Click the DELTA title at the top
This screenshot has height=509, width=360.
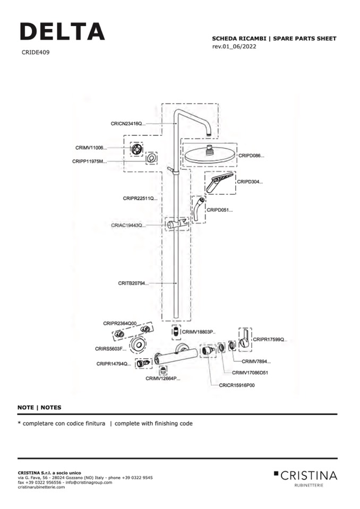pos(62,31)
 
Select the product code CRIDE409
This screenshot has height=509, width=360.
pos(36,53)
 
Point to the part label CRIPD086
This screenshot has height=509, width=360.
pos(251,156)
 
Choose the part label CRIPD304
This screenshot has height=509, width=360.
pos(250,182)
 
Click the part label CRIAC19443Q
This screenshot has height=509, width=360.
pos(127,226)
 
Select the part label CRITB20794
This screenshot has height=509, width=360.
pos(133,283)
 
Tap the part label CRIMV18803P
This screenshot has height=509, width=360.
pos(198,332)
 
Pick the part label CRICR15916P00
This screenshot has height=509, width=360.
pos(237,385)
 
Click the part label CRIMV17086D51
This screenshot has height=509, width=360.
pos(250,373)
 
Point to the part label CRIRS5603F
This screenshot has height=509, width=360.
pos(110,349)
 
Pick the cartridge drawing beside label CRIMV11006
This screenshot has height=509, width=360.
pos(137,150)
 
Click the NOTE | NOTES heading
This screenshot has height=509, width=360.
pos(39,408)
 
